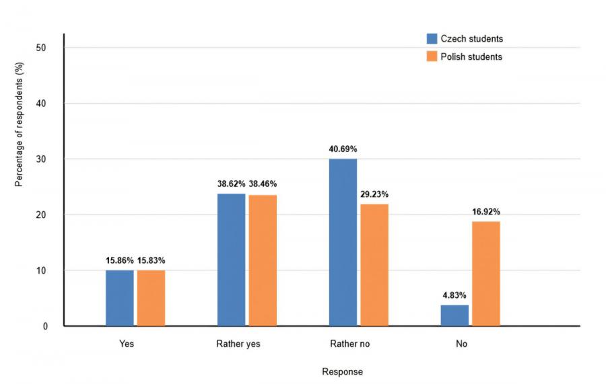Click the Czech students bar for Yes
(120, 298)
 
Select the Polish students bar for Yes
(151, 298)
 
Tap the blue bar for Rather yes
(232, 260)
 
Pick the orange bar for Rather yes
(263, 260)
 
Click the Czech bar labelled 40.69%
(343, 242)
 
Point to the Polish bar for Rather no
(374, 265)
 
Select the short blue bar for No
(454, 315)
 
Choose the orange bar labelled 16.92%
(486, 274)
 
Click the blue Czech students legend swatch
(432, 39)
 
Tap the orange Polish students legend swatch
(432, 56)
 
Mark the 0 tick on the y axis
(45, 327)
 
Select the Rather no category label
(349, 344)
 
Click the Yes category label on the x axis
(127, 344)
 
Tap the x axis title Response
(342, 372)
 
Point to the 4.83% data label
(454, 295)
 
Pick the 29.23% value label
(374, 194)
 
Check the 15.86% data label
(120, 260)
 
